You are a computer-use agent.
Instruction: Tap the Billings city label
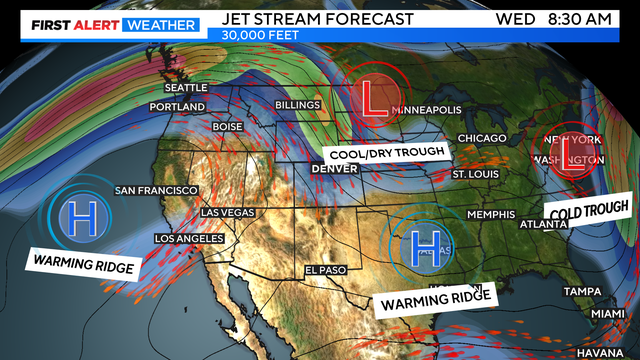297,105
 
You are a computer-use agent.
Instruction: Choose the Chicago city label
483,138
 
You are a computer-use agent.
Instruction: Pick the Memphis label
489,215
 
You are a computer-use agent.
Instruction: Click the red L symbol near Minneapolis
372,97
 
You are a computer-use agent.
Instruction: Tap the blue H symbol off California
77,217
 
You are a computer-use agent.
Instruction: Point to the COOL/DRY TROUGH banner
386,153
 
